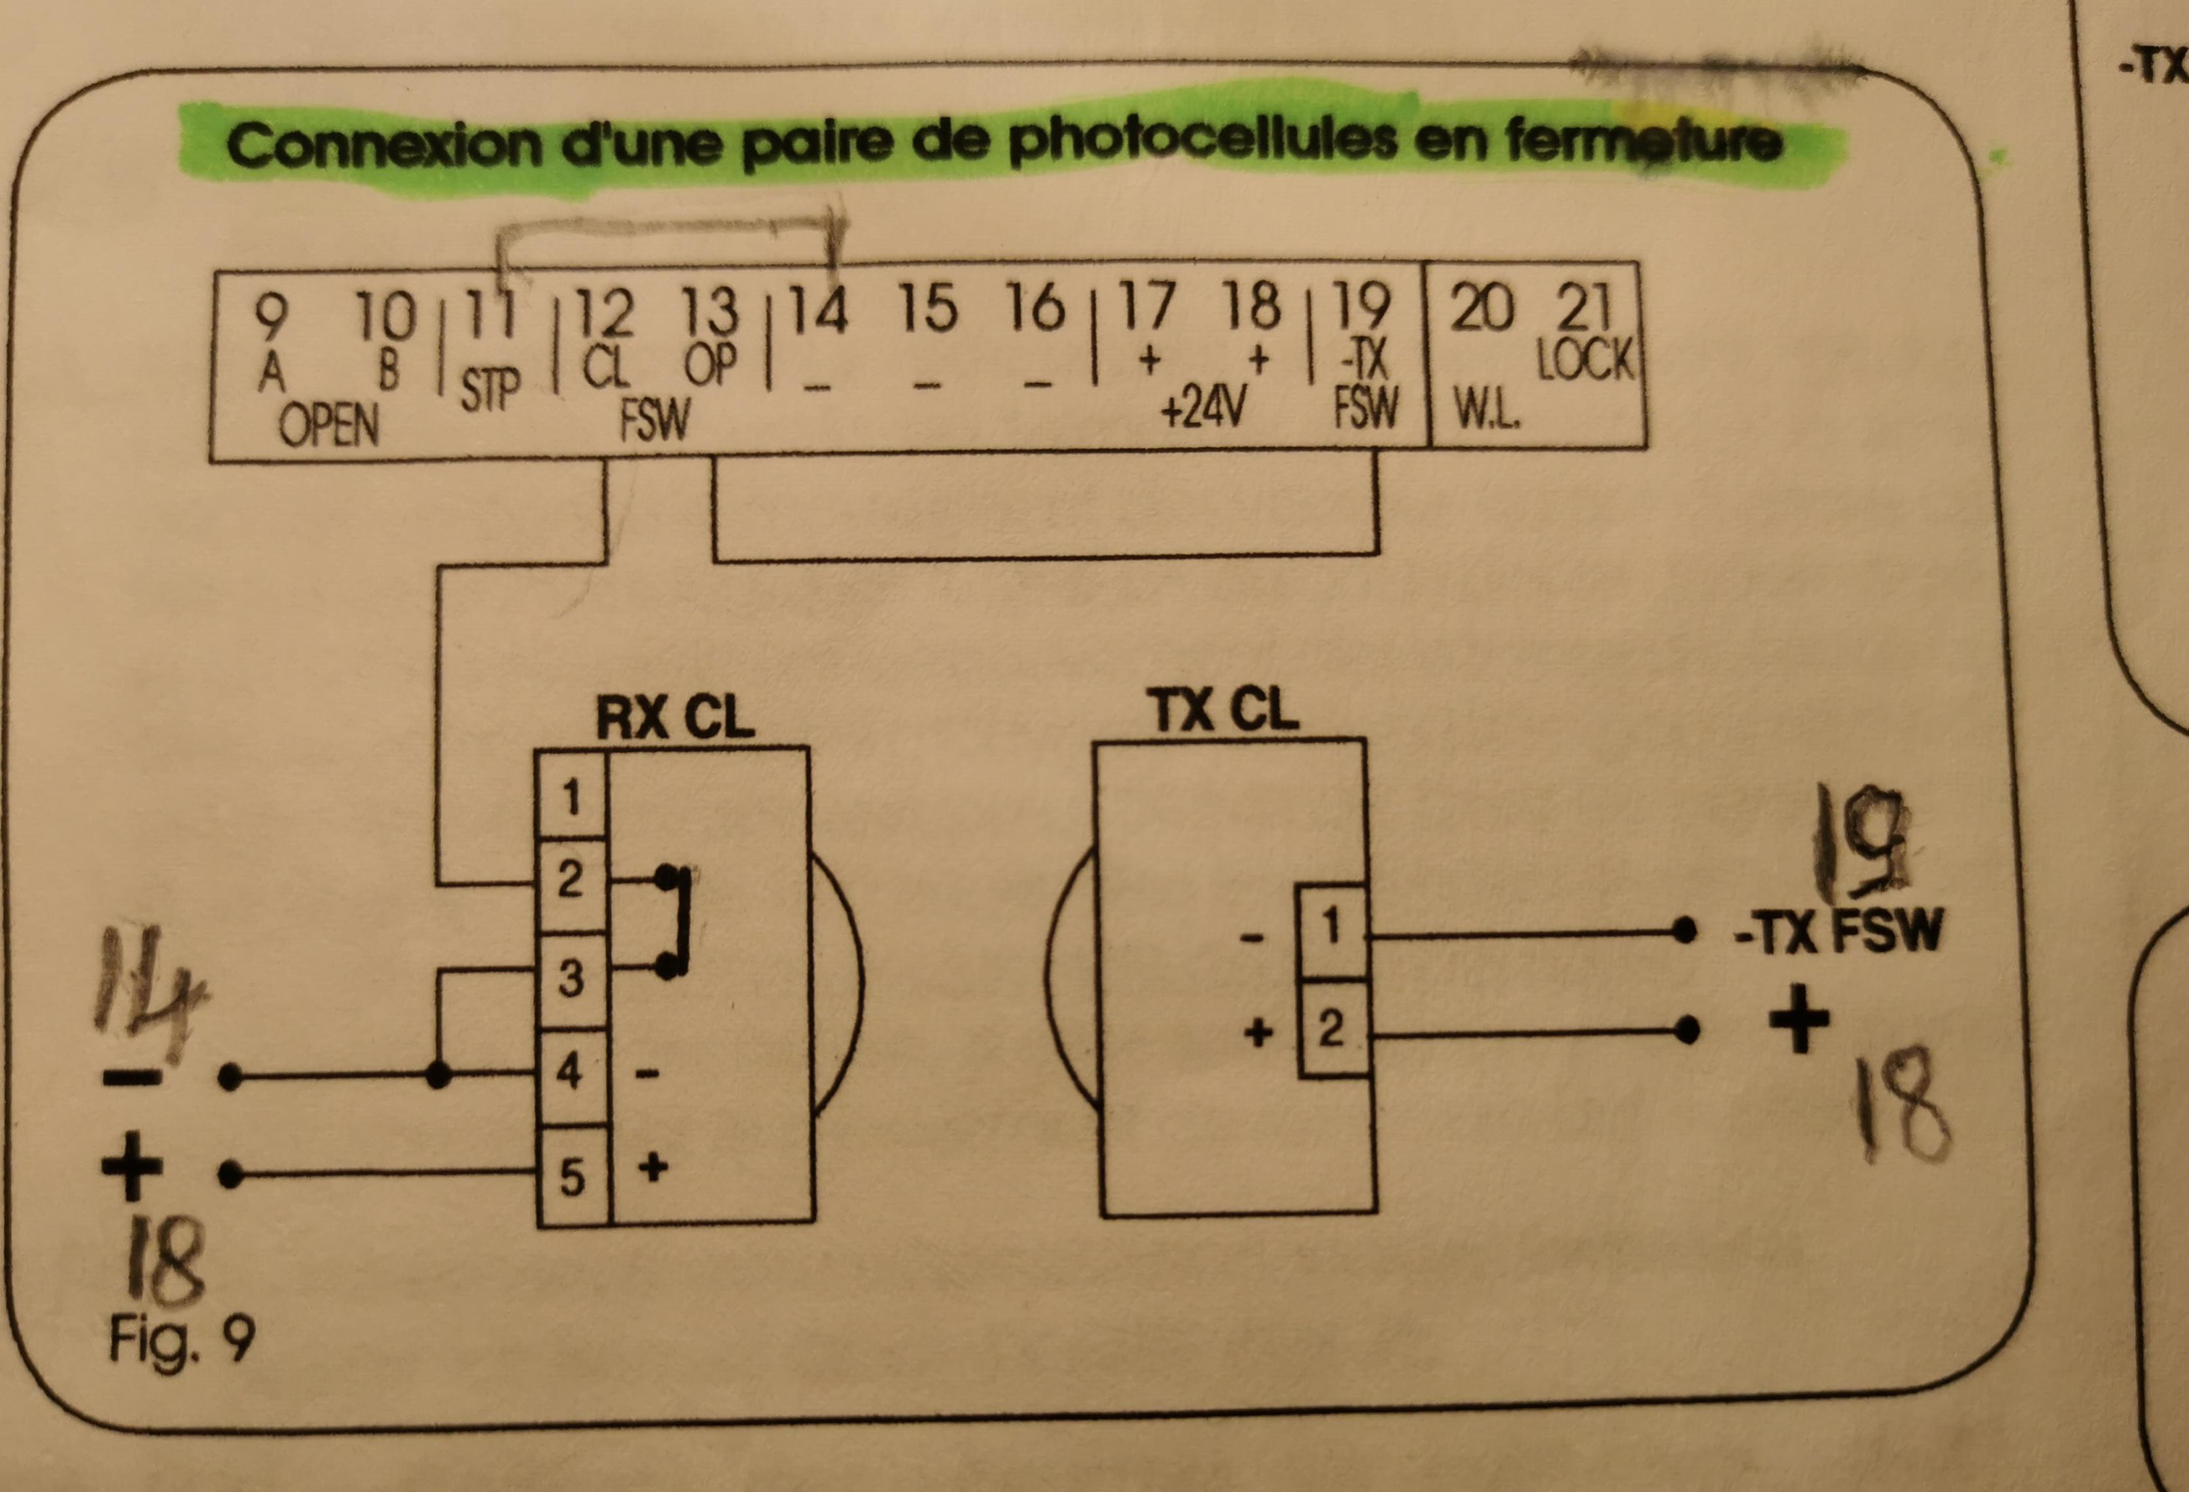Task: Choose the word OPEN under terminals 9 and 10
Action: click(329, 427)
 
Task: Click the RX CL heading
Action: click(675, 719)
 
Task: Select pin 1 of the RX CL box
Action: click(571, 798)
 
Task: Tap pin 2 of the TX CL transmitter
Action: click(1330, 1029)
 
